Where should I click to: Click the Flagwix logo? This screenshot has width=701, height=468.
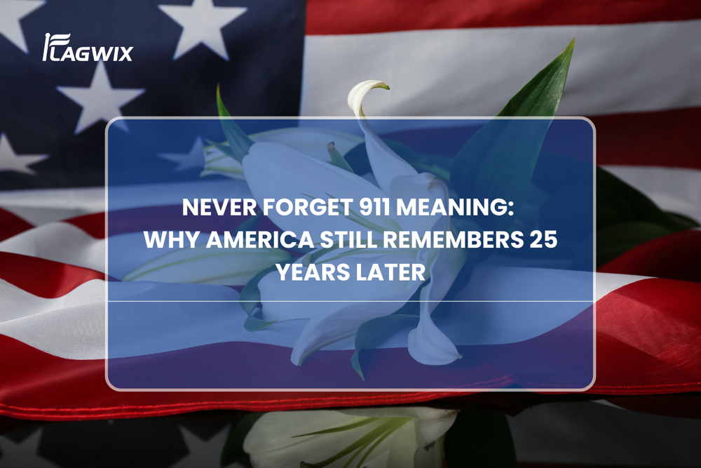[88, 47]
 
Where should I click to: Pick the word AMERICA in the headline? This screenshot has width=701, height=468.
[260, 240]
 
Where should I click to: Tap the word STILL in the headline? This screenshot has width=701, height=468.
[348, 240]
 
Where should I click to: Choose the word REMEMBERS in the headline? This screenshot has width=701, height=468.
[454, 240]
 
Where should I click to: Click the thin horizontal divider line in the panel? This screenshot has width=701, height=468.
[350, 301]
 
